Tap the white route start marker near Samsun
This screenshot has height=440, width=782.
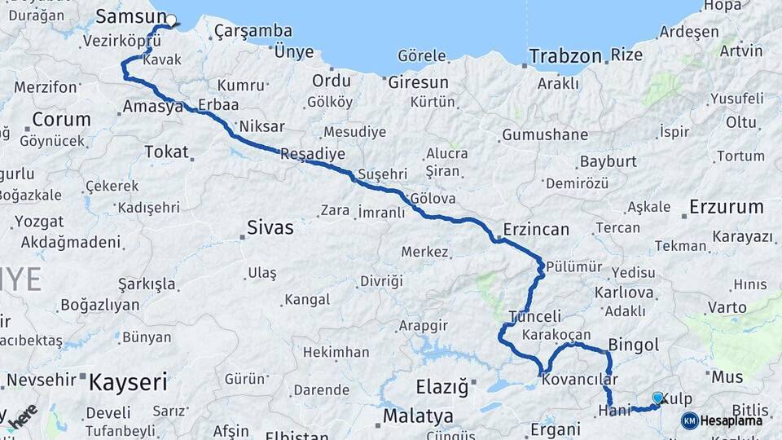[171, 20]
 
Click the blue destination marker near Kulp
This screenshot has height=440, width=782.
[657, 398]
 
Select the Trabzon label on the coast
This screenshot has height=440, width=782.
[565, 56]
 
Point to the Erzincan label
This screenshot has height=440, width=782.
[536, 229]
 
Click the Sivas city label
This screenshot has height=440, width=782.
[270, 227]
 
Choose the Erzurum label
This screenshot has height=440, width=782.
[726, 206]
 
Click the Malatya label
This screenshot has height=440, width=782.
[418, 416]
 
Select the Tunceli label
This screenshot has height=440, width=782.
[534, 316]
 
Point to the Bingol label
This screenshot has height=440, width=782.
[634, 345]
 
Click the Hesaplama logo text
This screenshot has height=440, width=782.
[731, 420]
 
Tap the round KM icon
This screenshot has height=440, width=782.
[689, 420]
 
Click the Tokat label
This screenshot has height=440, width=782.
[166, 152]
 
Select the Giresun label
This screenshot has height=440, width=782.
[418, 82]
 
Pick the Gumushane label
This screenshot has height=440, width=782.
[545, 134]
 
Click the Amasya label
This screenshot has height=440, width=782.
[152, 107]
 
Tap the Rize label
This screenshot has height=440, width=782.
[626, 55]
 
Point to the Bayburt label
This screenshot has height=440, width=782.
[608, 161]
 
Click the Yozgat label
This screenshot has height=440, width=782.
[38, 221]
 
